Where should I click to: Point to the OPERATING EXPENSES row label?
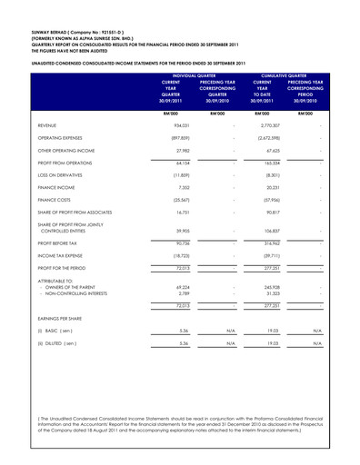click(62, 143)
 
